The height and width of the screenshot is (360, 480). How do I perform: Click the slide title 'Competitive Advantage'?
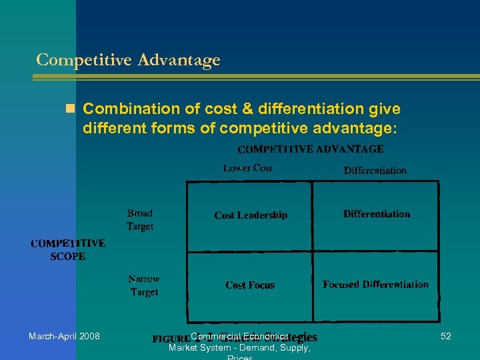128,60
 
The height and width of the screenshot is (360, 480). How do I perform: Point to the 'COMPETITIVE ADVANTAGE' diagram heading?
311,149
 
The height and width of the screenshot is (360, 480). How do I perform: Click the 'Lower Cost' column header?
247,168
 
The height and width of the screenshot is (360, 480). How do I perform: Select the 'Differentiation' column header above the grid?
375,170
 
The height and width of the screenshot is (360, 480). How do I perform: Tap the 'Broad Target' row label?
140,220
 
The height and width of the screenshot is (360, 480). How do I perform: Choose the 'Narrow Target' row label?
144,285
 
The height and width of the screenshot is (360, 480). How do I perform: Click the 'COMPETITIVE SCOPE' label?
67,250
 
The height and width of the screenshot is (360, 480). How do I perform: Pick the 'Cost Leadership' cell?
251,215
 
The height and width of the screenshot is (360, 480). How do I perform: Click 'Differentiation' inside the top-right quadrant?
377,214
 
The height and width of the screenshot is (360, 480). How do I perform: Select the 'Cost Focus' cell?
250,285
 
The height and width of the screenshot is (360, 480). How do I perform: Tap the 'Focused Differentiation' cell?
375,285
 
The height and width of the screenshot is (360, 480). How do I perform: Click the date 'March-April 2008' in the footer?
64,336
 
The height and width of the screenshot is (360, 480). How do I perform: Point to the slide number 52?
446,336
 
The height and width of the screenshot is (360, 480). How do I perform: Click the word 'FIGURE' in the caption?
171,339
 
